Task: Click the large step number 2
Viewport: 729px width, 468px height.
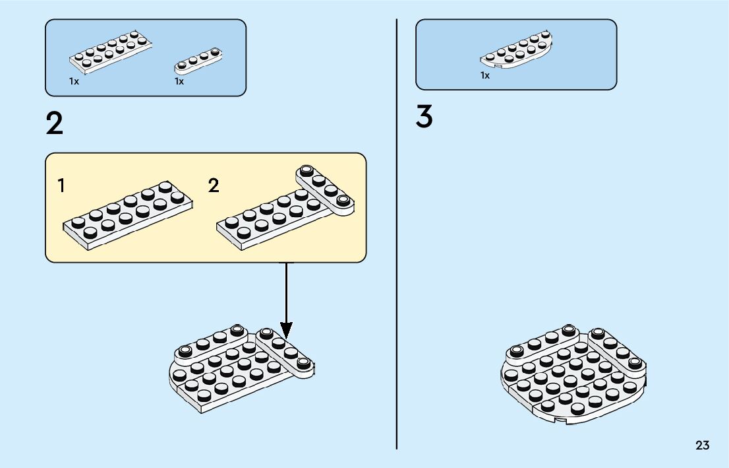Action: click(55, 123)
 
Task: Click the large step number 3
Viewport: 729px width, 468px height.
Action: click(424, 117)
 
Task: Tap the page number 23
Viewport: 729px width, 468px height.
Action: click(702, 446)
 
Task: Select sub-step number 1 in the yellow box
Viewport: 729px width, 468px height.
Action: click(61, 186)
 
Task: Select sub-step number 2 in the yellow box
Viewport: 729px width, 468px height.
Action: click(214, 186)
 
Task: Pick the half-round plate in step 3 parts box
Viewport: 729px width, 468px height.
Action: click(516, 51)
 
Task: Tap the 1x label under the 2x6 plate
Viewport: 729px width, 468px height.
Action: click(74, 81)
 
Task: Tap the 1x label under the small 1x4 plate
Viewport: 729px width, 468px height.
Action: click(179, 81)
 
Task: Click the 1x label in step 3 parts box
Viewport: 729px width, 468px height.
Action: click(485, 76)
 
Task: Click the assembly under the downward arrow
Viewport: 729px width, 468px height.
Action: click(241, 368)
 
